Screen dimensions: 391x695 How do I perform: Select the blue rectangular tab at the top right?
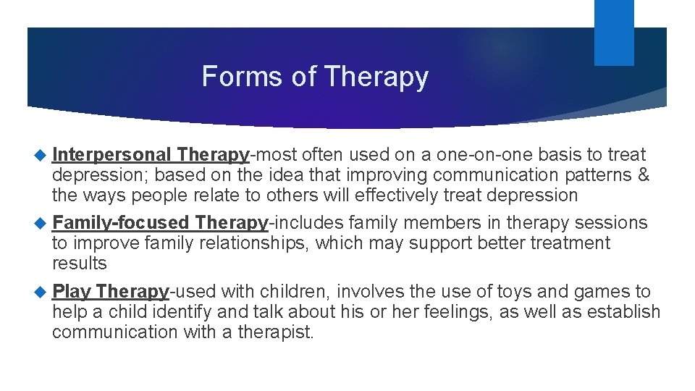(613, 32)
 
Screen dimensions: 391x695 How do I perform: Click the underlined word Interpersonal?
(111, 155)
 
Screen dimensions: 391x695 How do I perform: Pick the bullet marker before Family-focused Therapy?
(41, 223)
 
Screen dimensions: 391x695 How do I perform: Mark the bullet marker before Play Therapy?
(41, 292)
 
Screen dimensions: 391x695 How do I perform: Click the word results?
(79, 264)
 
